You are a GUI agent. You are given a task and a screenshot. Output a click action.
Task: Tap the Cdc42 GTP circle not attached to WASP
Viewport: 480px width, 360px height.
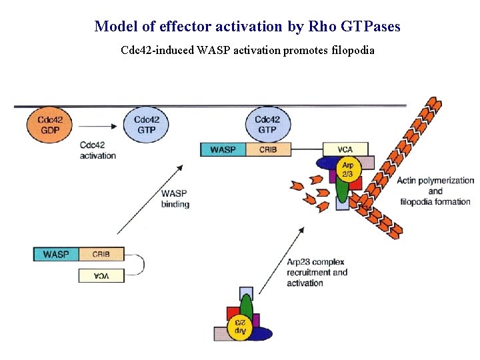146,124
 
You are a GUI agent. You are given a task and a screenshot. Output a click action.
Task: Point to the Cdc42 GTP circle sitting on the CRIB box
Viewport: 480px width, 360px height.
267,124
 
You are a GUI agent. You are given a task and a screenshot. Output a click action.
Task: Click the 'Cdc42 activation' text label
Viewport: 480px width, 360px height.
97,150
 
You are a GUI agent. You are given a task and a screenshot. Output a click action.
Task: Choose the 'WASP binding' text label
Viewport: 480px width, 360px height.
175,199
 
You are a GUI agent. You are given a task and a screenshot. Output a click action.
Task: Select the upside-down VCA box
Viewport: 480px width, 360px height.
101,275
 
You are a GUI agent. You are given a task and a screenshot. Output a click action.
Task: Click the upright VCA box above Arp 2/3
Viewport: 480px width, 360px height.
345,149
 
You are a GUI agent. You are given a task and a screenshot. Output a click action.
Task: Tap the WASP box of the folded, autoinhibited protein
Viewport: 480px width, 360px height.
56,254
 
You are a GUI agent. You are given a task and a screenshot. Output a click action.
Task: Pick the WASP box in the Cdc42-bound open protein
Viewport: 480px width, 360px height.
223,149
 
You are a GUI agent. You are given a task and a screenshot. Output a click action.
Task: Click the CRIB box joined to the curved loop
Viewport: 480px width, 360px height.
101,254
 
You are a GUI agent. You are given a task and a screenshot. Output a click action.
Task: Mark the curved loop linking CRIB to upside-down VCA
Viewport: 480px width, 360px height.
139,265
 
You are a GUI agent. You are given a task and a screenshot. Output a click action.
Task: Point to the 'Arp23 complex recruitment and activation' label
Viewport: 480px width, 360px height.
317,272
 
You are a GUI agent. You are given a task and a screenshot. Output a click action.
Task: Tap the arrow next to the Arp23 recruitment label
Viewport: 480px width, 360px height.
281,260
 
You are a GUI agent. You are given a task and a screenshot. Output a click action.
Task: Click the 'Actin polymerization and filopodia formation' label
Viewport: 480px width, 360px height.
435,191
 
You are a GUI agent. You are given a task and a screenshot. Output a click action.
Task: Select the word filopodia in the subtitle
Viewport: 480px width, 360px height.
353,50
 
